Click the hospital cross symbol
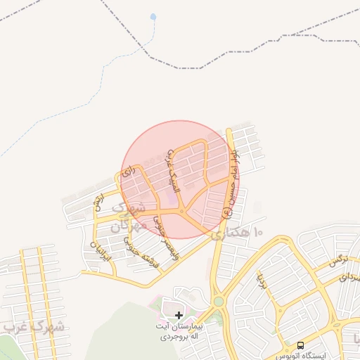179,316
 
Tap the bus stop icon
301,345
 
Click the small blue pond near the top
153,15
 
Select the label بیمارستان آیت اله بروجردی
179,332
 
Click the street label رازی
127,171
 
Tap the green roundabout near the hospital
219,302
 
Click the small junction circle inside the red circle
182,212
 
